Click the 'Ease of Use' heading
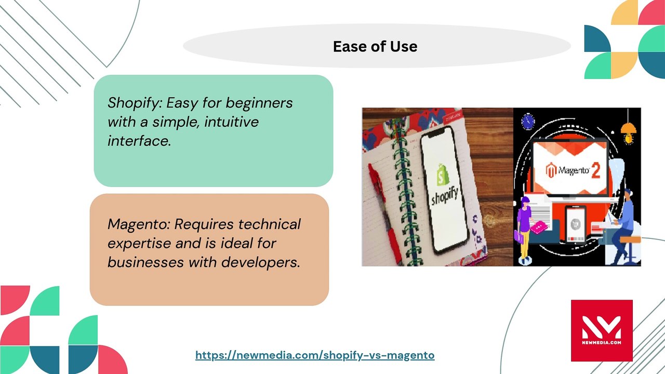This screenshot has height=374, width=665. point(375,47)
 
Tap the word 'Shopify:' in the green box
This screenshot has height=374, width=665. point(135,103)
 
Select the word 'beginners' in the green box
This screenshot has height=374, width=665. point(259,103)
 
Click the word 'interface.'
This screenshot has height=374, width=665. point(139,141)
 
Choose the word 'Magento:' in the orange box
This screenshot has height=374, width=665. point(139,224)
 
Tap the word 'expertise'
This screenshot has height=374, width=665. point(139,244)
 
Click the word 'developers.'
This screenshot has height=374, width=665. point(260,262)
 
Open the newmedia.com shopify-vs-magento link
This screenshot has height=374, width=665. point(315,355)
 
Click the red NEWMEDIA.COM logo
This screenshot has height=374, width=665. point(602,331)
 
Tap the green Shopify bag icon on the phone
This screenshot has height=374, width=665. point(443,175)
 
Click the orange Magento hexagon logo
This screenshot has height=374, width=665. point(551,170)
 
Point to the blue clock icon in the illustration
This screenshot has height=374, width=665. point(528,122)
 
